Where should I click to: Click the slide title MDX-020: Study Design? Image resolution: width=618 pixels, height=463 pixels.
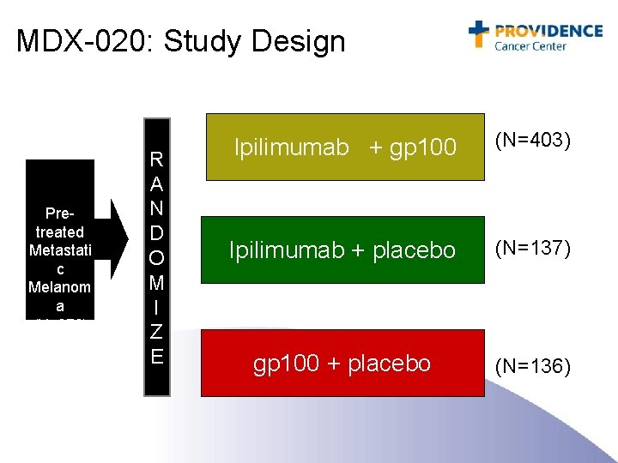(x=180, y=41)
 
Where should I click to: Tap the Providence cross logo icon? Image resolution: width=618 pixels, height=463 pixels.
(x=478, y=33)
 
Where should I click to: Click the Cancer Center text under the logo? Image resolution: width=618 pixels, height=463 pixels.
(x=530, y=46)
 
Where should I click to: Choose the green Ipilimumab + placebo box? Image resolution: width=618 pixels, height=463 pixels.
(x=342, y=250)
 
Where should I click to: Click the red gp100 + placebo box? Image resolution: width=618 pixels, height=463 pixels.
(x=342, y=363)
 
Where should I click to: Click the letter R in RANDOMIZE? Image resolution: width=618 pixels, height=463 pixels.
(x=157, y=159)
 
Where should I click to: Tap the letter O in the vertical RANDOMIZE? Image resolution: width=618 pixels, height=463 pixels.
(x=157, y=258)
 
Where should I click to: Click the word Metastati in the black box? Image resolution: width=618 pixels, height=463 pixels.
(x=59, y=250)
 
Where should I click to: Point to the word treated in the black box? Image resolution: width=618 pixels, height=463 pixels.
(x=60, y=231)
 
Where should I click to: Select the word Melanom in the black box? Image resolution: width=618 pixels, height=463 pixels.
(x=59, y=287)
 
